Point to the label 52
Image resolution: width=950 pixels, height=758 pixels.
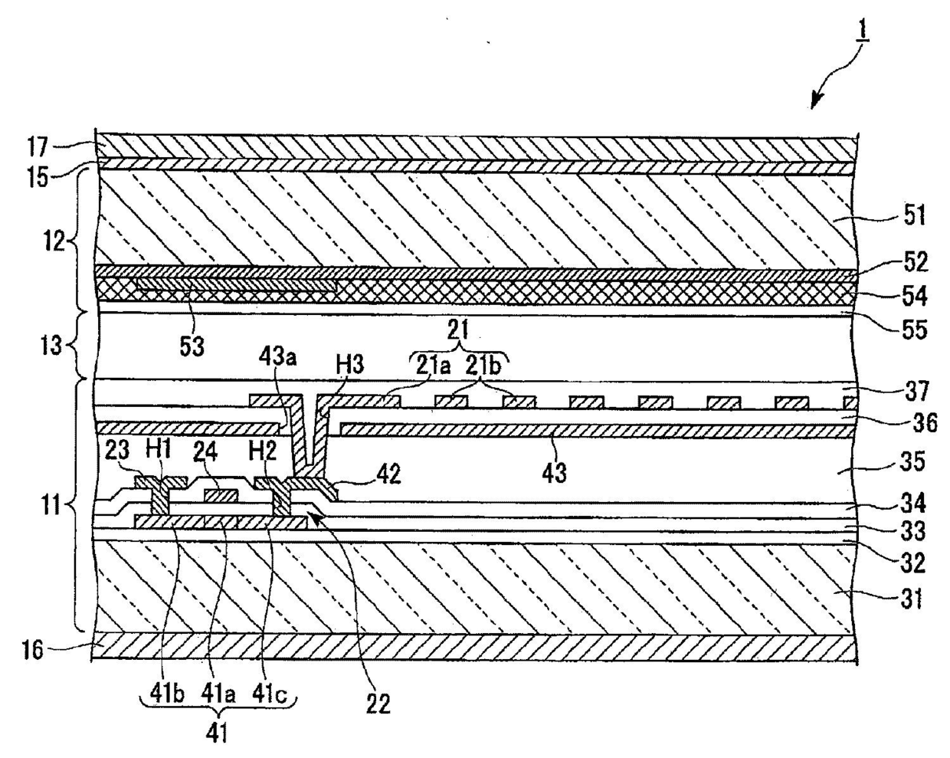click(x=913, y=262)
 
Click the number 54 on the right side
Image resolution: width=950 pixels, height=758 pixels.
click(x=912, y=295)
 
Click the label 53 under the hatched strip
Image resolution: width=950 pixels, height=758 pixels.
click(x=192, y=346)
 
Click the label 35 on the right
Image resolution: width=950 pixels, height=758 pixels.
click(x=914, y=463)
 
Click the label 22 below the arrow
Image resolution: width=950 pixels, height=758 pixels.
click(x=378, y=702)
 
